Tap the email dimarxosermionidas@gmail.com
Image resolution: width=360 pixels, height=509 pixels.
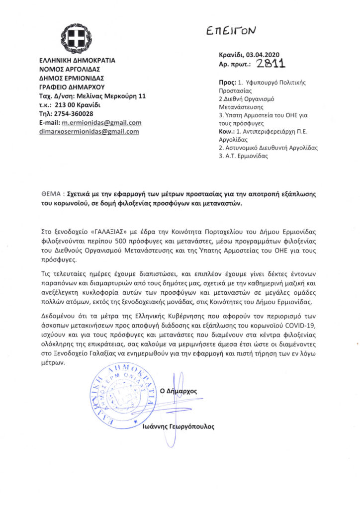pos(90,132)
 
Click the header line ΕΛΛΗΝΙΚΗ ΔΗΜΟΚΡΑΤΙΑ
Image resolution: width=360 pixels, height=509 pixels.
pos(77,60)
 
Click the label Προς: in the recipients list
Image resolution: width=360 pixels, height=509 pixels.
pos(227,82)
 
